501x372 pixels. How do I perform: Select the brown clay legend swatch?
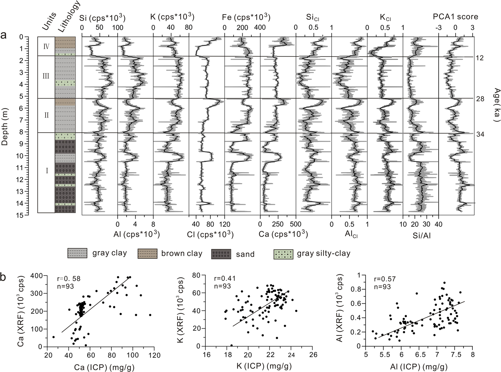(147, 253)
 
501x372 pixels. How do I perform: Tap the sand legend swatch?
(221, 254)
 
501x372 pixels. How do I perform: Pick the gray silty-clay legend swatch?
(283, 253)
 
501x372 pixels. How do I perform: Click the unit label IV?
(46, 46)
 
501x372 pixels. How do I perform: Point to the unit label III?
(46, 76)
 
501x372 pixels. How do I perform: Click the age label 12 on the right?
(480, 58)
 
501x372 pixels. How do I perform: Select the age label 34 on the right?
(480, 134)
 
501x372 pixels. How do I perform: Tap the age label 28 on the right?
(480, 99)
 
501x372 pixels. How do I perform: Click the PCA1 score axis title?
(455, 16)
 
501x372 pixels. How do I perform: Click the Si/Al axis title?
(421, 235)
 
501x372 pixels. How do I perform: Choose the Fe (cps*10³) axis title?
(247, 17)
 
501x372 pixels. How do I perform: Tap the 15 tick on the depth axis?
(31, 215)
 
